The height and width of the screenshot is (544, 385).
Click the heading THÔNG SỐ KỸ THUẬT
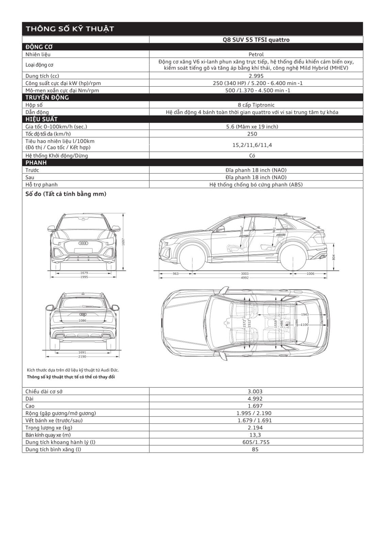pos(70,29)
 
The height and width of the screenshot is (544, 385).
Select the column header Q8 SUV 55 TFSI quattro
pos(256,40)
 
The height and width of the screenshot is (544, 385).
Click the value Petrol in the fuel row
pos(256,54)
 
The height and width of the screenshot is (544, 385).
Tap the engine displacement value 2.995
pos(256,76)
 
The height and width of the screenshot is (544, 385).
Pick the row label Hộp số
pos(34,105)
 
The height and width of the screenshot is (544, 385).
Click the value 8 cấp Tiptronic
pos(256,105)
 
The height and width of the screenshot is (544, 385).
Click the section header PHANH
pos(36,163)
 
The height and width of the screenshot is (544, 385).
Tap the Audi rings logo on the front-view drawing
pos(83,243)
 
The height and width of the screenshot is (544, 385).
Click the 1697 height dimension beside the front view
pos(124,242)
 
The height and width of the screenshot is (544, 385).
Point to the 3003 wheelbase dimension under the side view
pos(244,273)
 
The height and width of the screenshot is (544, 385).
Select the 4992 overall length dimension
pos(244,278)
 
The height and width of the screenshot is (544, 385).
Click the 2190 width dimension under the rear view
pos(82,357)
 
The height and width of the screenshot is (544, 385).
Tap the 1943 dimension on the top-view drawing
pos(305,314)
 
